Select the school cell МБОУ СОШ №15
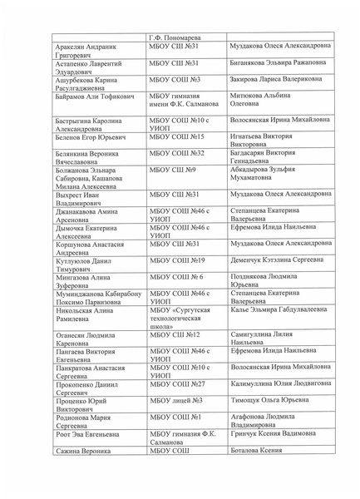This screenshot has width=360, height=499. (x=176, y=136)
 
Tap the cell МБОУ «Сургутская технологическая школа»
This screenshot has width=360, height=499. (x=180, y=342)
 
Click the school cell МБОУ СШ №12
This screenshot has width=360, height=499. (x=175, y=358)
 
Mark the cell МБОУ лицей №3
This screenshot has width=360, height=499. (x=171, y=423)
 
